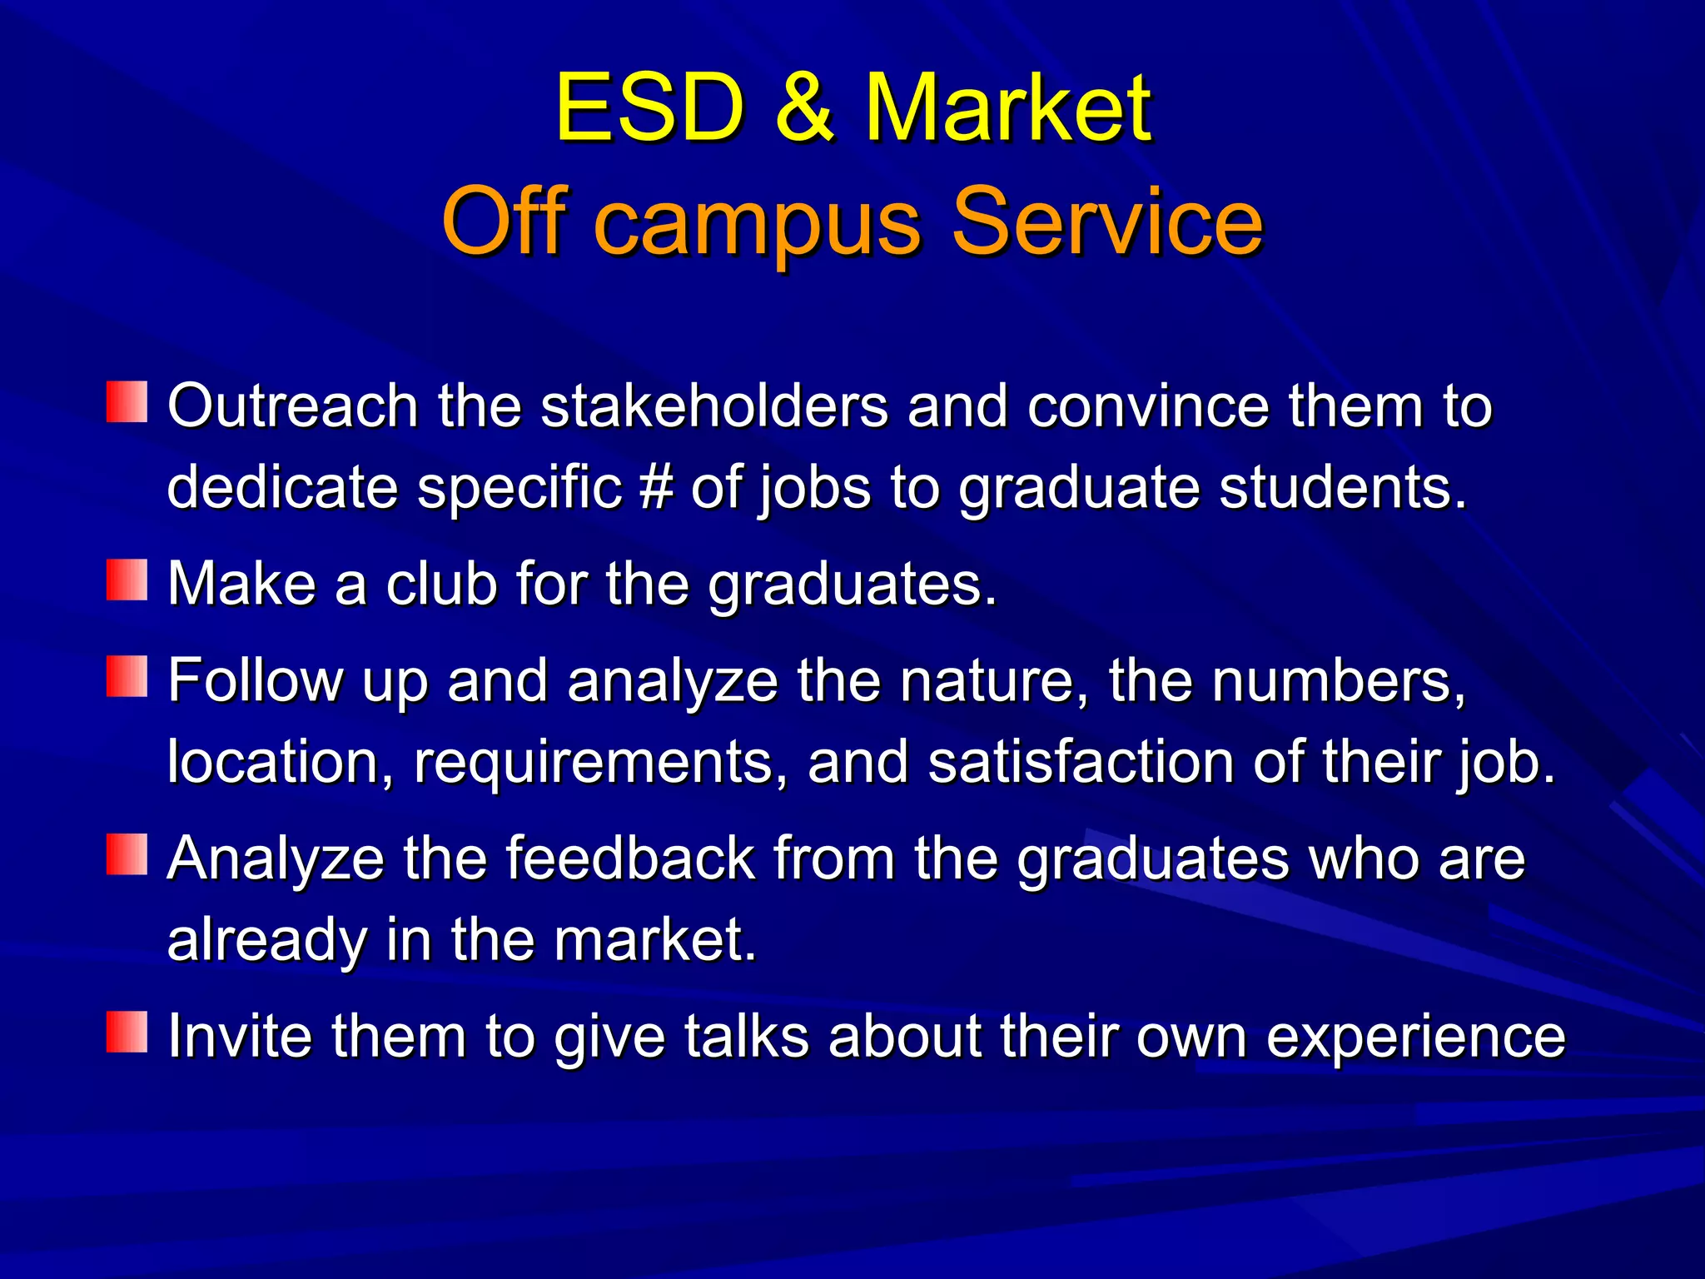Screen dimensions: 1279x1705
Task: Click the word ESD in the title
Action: [x=649, y=108]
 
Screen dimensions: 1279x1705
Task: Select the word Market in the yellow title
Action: [x=1008, y=108]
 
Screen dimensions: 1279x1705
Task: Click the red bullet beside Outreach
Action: [x=127, y=402]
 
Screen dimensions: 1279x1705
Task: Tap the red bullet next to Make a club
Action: [x=127, y=580]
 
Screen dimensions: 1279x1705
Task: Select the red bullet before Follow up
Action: [x=127, y=676]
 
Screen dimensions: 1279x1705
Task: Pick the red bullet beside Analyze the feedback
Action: [x=127, y=854]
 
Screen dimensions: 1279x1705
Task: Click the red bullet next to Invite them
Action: [x=127, y=1033]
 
